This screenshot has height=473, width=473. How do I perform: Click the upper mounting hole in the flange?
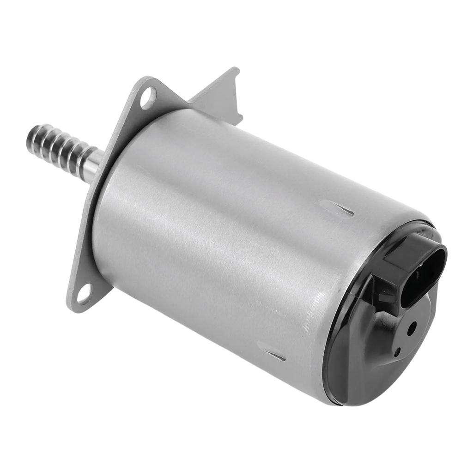click(x=148, y=98)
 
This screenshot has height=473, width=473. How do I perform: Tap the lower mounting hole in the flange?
click(x=84, y=294)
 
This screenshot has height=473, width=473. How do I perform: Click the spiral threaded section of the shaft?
click(x=58, y=147)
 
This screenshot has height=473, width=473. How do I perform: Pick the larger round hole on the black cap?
click(x=412, y=328)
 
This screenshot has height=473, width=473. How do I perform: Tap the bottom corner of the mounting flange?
click(x=74, y=307)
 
